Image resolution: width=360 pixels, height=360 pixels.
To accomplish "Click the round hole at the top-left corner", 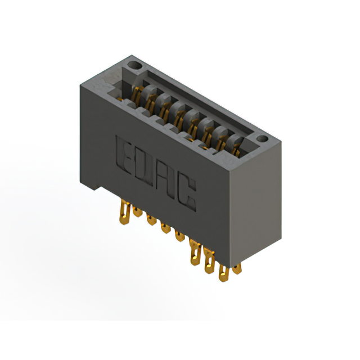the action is (135, 65).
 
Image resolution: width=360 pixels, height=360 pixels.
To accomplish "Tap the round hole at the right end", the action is (262, 138).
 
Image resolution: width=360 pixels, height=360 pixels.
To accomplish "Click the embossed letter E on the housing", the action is (124, 155).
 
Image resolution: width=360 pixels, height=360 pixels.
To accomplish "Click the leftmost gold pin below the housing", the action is (125, 212).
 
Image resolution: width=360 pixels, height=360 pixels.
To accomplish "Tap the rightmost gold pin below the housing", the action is (237, 269).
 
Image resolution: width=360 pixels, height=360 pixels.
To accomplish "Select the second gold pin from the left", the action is (137, 212).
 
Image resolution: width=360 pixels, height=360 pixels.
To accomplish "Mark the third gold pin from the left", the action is (151, 220).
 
